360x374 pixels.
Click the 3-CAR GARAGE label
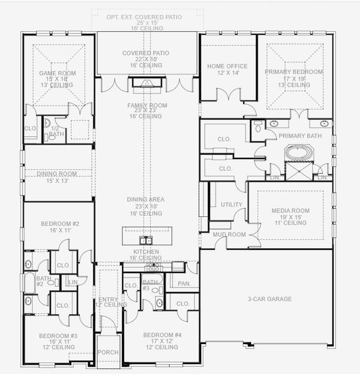tap(270, 299)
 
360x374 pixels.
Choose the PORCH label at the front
tap(108, 352)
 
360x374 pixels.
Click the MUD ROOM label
tap(224, 235)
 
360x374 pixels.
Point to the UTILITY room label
tap(231, 205)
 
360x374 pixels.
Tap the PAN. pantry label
tap(184, 284)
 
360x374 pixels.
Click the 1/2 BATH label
tap(57, 130)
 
